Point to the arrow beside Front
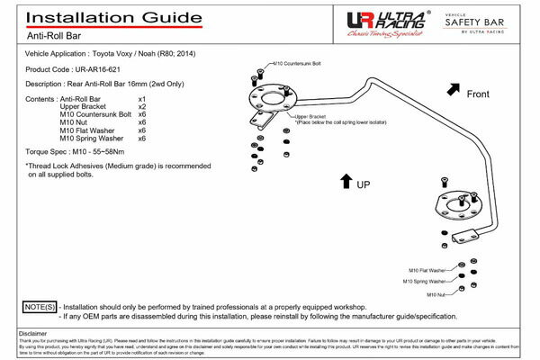tap(450, 89)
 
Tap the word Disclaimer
tap(33, 333)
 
